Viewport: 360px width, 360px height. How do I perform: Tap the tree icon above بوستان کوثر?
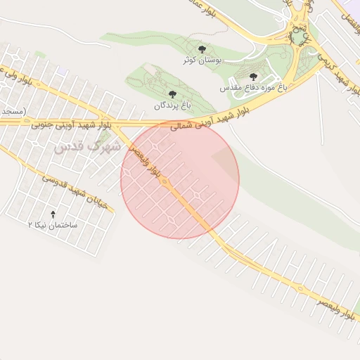pyautogui.click(x=202, y=50)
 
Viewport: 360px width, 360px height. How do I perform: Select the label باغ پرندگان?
pyautogui.click(x=172, y=105)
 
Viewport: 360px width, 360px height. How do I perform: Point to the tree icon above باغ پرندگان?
pyautogui.click(x=172, y=94)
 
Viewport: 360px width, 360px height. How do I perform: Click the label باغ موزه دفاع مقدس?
pyautogui.click(x=254, y=88)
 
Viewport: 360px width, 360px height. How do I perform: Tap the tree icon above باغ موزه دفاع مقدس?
pyautogui.click(x=253, y=77)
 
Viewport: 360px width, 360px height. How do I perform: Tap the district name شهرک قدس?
pyautogui.click(x=87, y=148)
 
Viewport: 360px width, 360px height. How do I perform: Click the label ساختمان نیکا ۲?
pyautogui.click(x=56, y=225)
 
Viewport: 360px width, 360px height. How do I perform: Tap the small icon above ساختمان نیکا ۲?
pyautogui.click(x=53, y=213)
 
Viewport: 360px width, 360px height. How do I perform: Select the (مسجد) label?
pyautogui.click(x=12, y=111)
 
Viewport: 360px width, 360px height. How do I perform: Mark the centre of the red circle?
pyautogui.click(x=180, y=179)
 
